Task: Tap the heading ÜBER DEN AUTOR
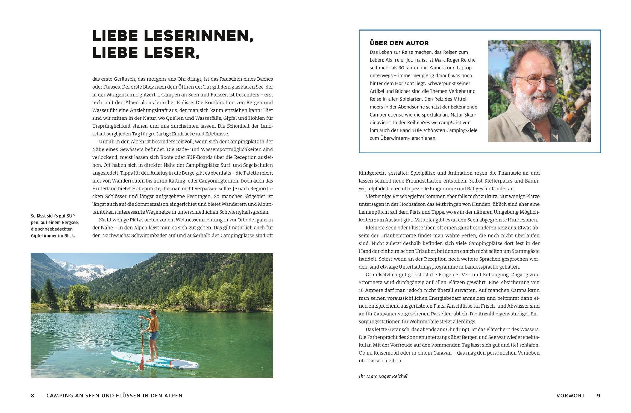tap(399, 43)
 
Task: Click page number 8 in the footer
tap(33, 395)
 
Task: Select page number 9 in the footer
tap(598, 395)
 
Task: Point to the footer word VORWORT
tap(571, 395)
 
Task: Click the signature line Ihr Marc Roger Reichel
tap(383, 376)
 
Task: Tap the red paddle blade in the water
tap(141, 362)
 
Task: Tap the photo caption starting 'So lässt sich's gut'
tap(55, 226)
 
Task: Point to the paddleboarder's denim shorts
tap(153, 336)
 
